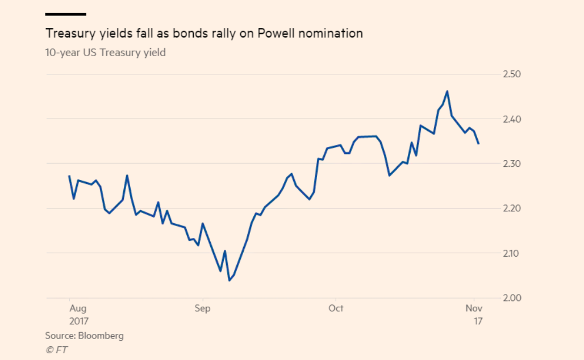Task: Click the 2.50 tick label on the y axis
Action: pos(512,74)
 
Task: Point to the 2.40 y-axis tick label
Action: pos(512,119)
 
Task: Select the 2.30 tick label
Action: pos(512,164)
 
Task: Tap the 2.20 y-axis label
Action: pos(512,208)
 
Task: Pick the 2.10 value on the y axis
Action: pos(512,253)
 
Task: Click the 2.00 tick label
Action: pos(512,298)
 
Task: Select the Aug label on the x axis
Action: pos(77,308)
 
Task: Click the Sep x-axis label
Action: pos(202,308)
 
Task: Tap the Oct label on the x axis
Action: pos(336,308)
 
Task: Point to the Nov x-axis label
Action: pos(474,308)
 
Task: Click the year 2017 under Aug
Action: pos(80,321)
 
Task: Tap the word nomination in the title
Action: pos(334,34)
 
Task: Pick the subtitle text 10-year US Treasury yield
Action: pos(105,53)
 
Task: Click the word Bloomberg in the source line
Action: pos(101,336)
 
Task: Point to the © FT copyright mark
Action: pos(56,350)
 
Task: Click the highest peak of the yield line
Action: pos(447,91)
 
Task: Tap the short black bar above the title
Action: pos(65,14)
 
